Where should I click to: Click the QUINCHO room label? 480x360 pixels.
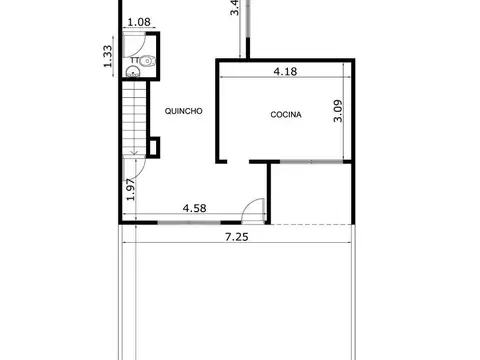[184, 111]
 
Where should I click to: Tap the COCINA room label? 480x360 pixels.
[286, 115]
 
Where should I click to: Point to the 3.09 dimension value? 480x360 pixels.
[339, 110]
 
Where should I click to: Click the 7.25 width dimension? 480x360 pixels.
[237, 237]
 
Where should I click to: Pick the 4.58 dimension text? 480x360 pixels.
[195, 208]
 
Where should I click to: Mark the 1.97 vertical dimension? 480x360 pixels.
[131, 188]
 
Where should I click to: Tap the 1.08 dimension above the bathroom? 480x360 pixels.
[139, 21]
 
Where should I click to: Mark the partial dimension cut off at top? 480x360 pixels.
[234, 8]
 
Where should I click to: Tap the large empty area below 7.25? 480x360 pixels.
[237, 300]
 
